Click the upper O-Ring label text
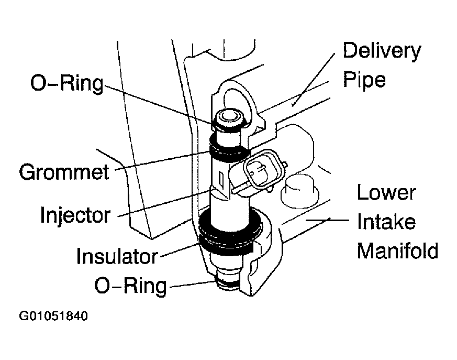click(x=66, y=83)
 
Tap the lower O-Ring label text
click(x=130, y=286)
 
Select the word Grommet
click(x=64, y=171)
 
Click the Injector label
click(x=76, y=214)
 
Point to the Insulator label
click(x=117, y=256)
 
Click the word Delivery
click(x=381, y=51)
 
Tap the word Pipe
click(x=364, y=80)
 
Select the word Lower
click(x=386, y=193)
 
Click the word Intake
click(x=386, y=222)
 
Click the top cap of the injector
click(x=228, y=116)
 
